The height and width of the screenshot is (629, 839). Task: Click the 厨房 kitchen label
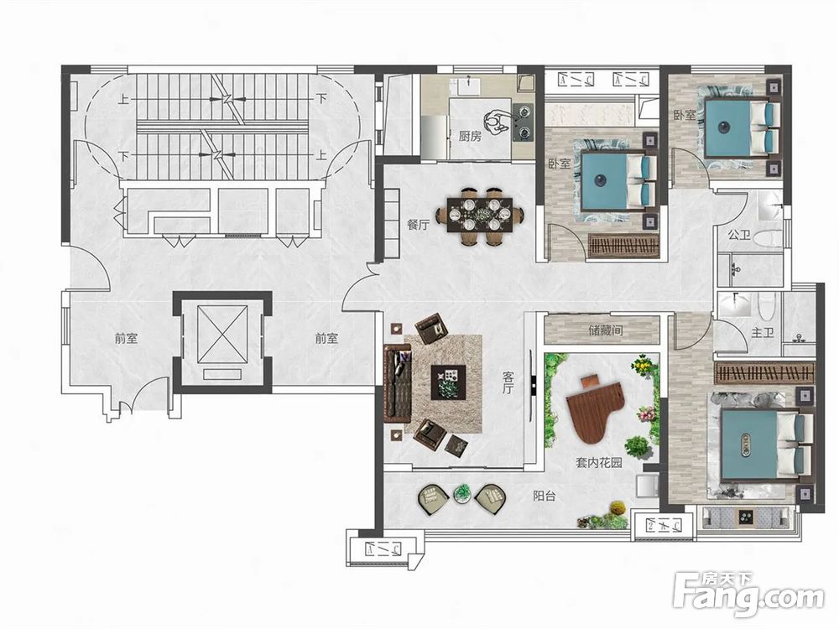(x=470, y=137)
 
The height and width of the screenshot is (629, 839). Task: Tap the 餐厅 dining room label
(x=419, y=225)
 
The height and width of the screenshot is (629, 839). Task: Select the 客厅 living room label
(x=508, y=383)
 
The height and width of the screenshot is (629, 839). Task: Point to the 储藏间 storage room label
(x=606, y=330)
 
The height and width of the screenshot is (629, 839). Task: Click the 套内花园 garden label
(x=599, y=462)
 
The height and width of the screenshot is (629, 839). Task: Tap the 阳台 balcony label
(x=545, y=496)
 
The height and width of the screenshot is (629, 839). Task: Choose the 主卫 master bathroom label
(x=763, y=333)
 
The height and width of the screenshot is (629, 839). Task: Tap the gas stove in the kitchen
(x=523, y=122)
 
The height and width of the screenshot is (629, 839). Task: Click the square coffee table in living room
(x=448, y=382)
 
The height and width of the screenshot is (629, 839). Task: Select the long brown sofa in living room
(x=398, y=382)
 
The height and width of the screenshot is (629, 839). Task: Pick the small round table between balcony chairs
(x=461, y=494)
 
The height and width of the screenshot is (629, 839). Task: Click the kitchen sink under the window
(x=469, y=85)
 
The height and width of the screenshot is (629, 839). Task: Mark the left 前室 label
(x=127, y=338)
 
